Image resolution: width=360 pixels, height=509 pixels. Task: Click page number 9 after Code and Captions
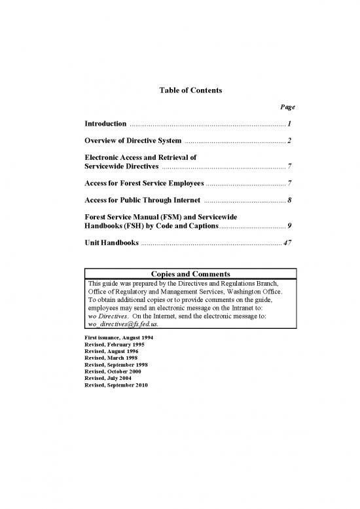point(289,226)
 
